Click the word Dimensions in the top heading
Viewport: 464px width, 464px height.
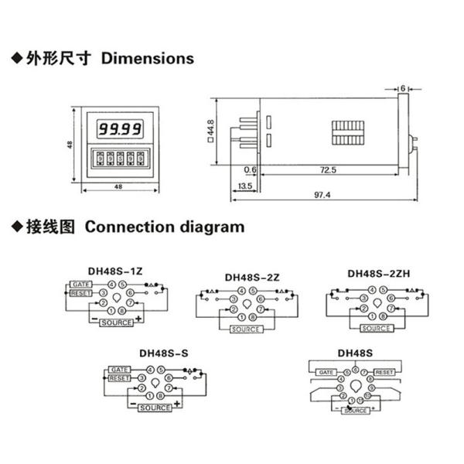(148, 58)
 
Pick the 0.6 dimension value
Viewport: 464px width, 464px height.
(250, 169)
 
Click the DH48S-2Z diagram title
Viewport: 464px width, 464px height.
(251, 276)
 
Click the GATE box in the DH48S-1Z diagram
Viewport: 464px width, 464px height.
(82, 285)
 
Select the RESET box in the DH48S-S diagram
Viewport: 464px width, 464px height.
(119, 378)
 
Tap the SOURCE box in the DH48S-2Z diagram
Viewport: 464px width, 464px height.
(247, 329)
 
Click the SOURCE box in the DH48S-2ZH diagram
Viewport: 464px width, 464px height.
(376, 328)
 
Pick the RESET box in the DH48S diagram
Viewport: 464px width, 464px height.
(384, 373)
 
